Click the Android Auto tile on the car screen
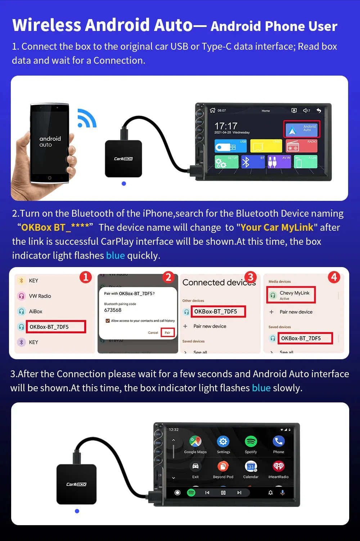tap(302, 129)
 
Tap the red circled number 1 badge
tap(86, 277)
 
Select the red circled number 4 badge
tap(334, 277)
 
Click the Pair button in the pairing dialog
tap(167, 333)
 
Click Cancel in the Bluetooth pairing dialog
tap(153, 333)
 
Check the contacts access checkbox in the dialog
tap(108, 321)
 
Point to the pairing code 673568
tap(113, 310)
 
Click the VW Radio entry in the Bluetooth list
tap(40, 296)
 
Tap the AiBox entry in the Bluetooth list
tap(35, 311)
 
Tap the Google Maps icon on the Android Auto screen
tap(195, 441)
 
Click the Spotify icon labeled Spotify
tap(251, 441)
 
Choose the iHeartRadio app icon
tap(279, 466)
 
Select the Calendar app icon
tap(251, 466)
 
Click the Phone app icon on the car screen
tap(279, 441)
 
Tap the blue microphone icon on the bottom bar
tap(283, 492)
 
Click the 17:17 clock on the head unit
tap(226, 126)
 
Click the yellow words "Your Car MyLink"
tap(277, 227)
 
